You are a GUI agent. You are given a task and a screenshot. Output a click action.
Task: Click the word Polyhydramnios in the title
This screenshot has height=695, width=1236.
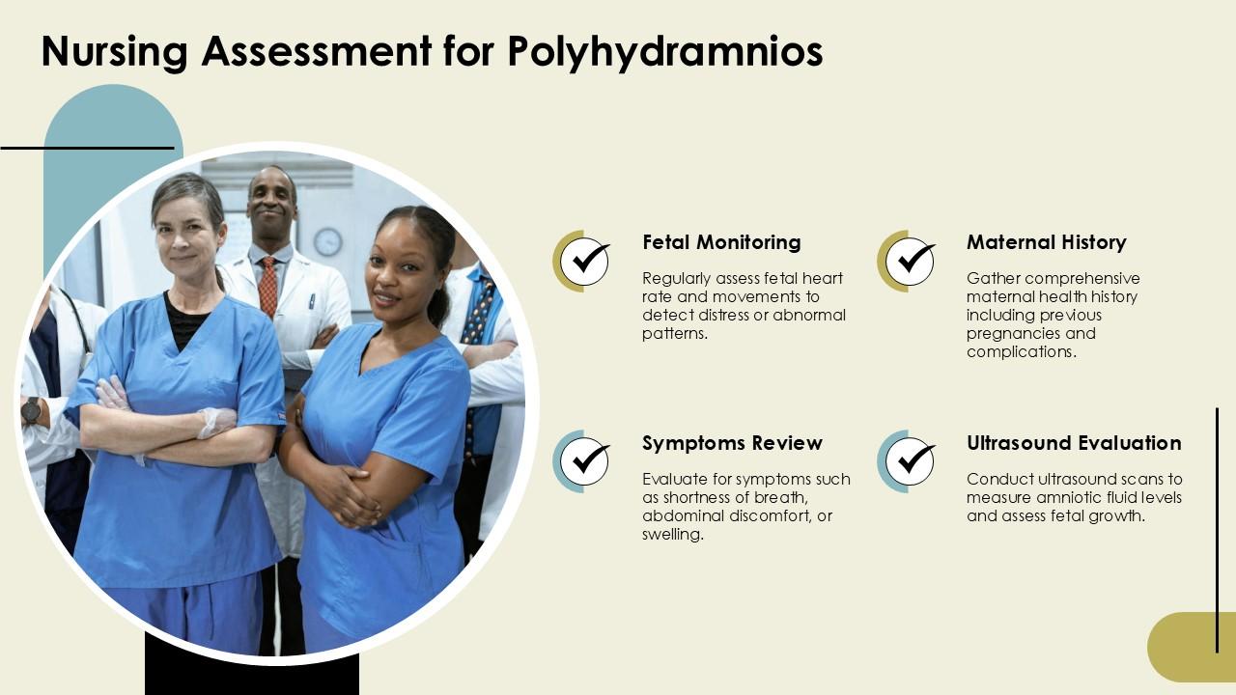coord(665,52)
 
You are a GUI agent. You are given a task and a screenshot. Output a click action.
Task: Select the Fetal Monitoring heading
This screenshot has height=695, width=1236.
coord(721,242)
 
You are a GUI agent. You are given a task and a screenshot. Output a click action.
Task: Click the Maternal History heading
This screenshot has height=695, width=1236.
coord(1046,242)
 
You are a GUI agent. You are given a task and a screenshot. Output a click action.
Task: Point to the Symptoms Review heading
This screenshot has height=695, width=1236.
coord(732,443)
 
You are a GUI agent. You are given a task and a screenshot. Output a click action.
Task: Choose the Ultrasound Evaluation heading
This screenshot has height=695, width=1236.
coord(1074,443)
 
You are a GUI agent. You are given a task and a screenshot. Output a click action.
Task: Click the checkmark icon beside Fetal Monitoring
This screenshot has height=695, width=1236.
coord(584,261)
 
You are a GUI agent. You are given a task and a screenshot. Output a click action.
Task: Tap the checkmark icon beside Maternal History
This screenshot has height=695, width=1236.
coord(909,261)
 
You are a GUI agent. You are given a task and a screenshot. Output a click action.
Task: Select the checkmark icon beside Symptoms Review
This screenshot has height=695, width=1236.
coord(584,461)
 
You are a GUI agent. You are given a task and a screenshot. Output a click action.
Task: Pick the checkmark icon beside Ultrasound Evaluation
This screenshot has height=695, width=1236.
coord(909,461)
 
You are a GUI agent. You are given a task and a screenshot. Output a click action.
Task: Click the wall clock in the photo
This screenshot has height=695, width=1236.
coord(327,241)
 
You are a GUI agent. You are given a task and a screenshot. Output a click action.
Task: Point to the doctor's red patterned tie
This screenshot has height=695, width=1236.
coord(267,286)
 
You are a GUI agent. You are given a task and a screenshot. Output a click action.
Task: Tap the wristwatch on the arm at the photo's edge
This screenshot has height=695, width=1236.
coord(31,411)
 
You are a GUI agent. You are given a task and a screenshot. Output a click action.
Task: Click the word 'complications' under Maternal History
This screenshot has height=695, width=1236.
coord(1020,352)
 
